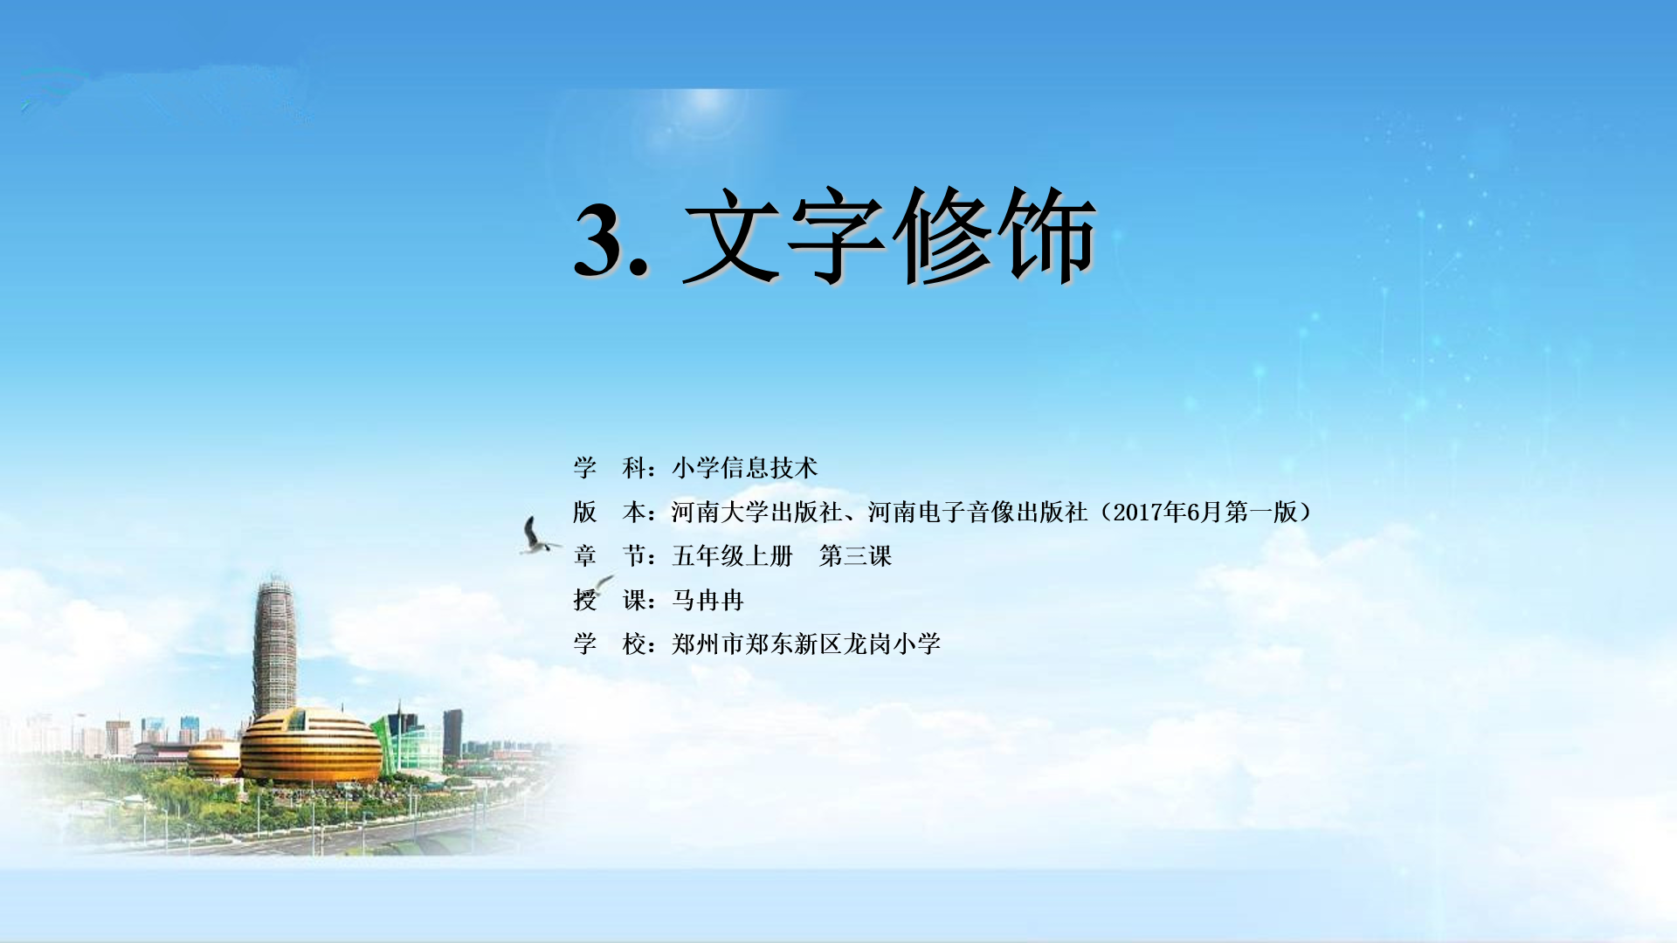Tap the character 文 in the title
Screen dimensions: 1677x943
click(734, 236)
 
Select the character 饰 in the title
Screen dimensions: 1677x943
click(1046, 236)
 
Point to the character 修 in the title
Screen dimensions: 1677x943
click(942, 236)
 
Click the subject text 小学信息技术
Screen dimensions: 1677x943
click(744, 468)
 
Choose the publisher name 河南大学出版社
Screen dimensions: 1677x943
click(756, 512)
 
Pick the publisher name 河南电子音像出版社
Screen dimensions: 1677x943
click(977, 512)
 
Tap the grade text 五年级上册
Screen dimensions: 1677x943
click(732, 556)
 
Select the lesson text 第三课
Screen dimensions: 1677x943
click(855, 556)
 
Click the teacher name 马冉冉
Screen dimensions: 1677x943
click(707, 600)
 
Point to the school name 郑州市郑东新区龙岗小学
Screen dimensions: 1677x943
click(805, 644)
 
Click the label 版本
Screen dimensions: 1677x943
click(610, 512)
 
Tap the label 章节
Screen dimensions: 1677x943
click(610, 556)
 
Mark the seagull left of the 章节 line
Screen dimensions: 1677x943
click(538, 536)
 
